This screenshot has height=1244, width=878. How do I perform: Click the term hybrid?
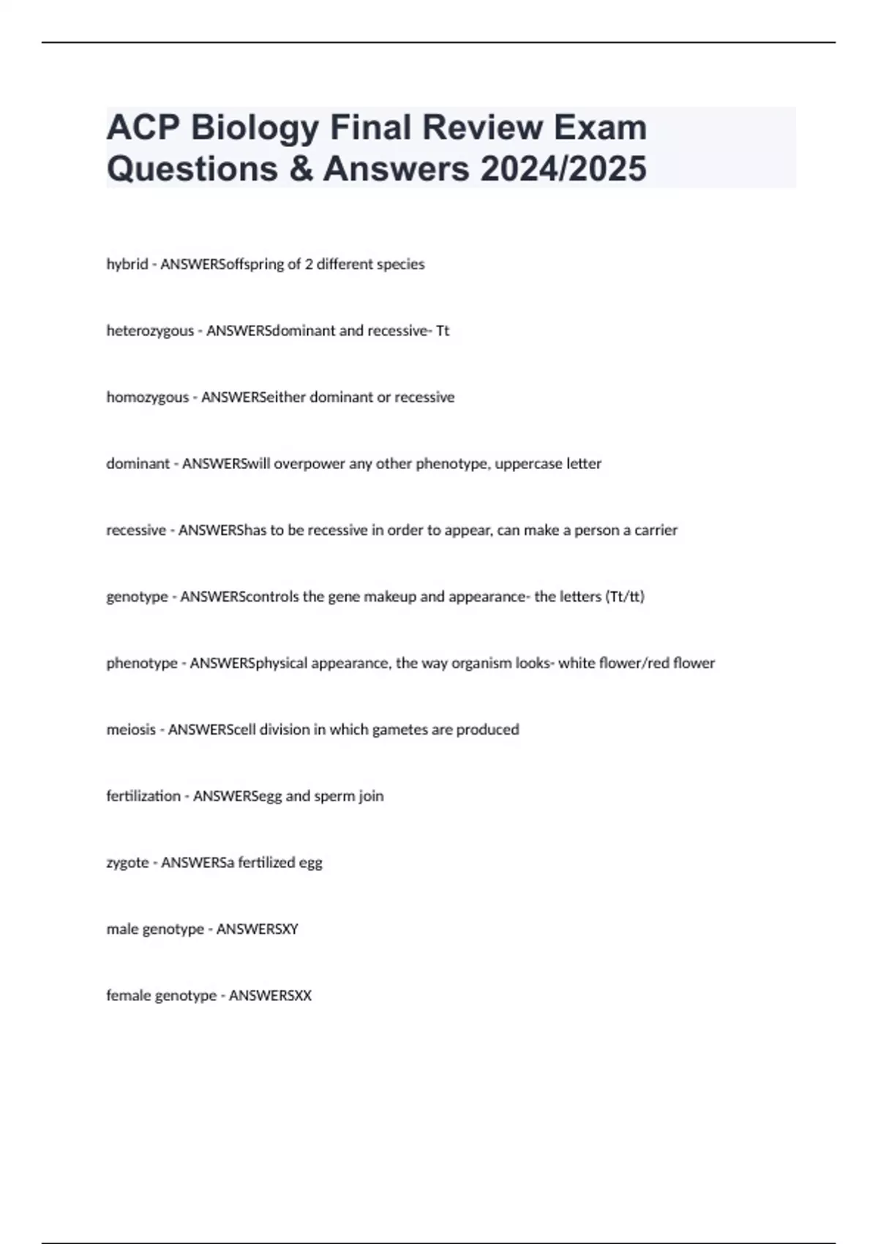[127, 264]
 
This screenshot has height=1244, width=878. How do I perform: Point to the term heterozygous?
[150, 331]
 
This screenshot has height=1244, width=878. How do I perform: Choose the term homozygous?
[147, 397]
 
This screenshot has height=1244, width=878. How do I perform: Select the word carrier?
[656, 530]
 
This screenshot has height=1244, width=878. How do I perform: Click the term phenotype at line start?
[142, 663]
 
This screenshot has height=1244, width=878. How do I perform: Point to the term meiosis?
[131, 730]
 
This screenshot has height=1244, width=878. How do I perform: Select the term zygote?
[127, 863]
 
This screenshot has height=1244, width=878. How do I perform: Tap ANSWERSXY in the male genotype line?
[258, 929]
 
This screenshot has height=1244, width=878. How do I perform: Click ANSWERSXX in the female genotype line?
[270, 996]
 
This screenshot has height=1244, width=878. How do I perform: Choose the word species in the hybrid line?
[400, 264]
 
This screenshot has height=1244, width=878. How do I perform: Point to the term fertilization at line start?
[143, 796]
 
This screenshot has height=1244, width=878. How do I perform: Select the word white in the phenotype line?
[577, 663]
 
